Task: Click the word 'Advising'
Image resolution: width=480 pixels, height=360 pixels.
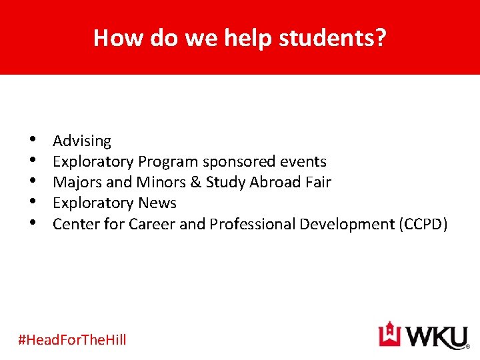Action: pos(82,141)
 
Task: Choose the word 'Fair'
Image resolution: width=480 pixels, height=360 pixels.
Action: pos(317,183)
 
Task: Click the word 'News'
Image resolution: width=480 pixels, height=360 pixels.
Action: pos(157,203)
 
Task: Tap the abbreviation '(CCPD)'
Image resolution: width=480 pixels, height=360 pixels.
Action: pos(423,224)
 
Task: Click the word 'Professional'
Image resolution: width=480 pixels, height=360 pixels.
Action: pos(252,224)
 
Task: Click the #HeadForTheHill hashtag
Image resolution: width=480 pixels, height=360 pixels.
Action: pos(72,340)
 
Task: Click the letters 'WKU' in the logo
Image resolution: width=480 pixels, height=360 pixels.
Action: pos(434,336)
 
